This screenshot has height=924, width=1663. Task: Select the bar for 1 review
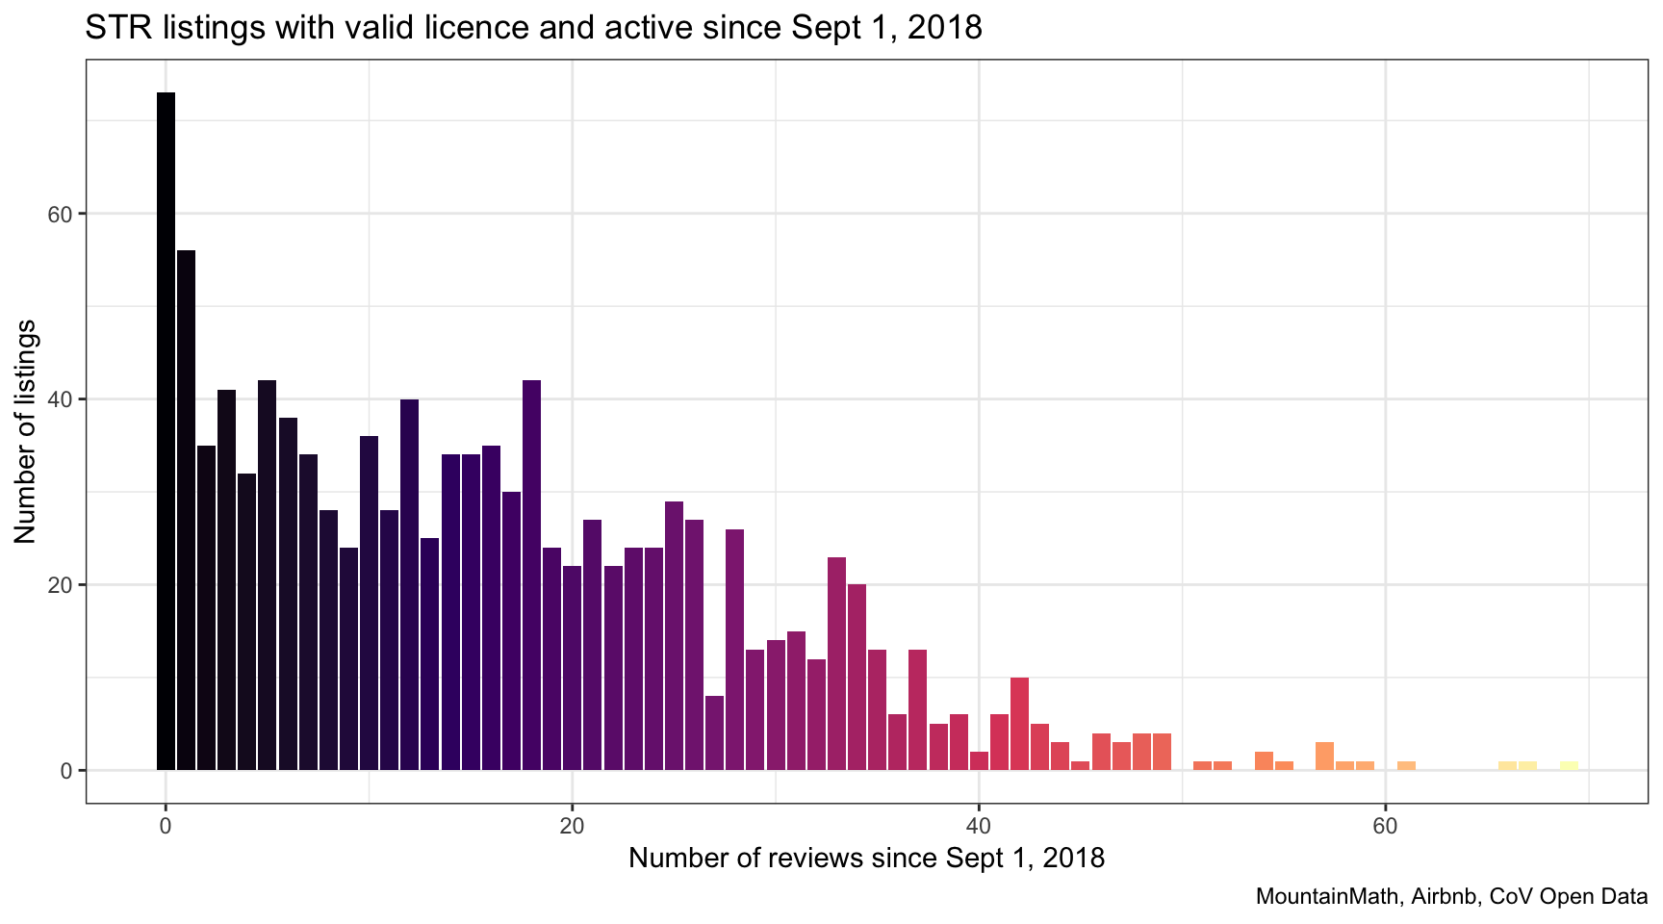click(186, 510)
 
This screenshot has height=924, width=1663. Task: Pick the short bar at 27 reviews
click(714, 732)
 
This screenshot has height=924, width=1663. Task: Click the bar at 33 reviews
click(836, 663)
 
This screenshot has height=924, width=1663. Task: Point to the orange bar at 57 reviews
click(1324, 757)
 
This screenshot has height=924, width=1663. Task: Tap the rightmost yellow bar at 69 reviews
click(1569, 766)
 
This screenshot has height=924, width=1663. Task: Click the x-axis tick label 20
click(572, 826)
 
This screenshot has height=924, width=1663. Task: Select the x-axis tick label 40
click(979, 826)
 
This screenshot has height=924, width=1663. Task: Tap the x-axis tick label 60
click(1385, 826)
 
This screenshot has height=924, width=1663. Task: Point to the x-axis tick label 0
click(166, 826)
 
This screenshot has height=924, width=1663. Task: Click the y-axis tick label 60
click(60, 214)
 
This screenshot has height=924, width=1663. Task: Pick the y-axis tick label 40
click(60, 399)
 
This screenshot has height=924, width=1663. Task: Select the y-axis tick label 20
click(60, 585)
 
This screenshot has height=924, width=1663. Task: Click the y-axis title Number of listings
click(25, 431)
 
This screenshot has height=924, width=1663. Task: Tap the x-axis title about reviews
click(866, 858)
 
